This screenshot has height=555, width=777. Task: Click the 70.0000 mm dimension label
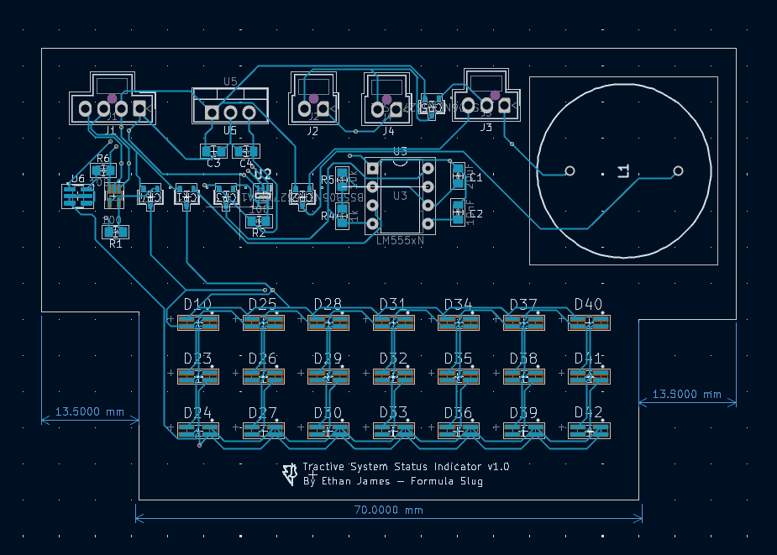pos(388,509)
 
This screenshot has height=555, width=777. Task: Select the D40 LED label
pos(588,304)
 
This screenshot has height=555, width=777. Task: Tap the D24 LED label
pos(197,413)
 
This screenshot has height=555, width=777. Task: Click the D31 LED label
pos(392,304)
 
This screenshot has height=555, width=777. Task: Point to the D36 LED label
pos(458,413)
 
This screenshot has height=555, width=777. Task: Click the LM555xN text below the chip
pos(400,241)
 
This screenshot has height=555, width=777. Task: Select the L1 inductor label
pos(623,171)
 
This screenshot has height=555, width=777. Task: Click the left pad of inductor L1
pos(570,170)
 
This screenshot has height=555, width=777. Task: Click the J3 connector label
pos(486,128)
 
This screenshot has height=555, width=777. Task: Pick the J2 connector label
pos(312,131)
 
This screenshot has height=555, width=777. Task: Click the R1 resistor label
pos(116,244)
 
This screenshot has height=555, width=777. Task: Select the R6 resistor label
pos(103,159)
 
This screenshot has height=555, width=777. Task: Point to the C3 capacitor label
pos(213,163)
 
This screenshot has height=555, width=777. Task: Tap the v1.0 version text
pos(496,467)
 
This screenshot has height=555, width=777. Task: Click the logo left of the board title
pos(290,474)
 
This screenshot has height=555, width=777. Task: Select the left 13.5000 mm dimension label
pos(89,411)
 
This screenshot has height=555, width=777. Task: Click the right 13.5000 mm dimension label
pos(687,394)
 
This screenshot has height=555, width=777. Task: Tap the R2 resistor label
pos(259,233)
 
